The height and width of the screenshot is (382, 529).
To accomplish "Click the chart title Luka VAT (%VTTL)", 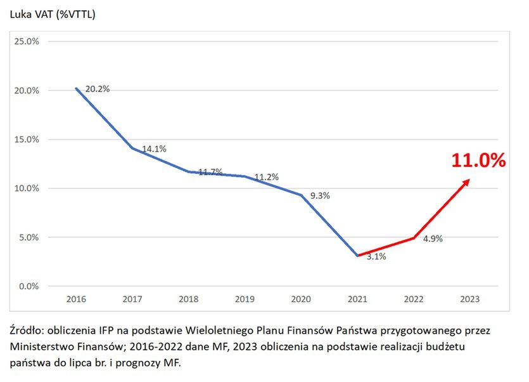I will pyautogui.click(x=52, y=15).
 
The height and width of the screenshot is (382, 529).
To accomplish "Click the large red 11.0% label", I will pyautogui.click(x=478, y=160).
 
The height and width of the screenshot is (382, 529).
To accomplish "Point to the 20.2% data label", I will pyautogui.click(x=98, y=89).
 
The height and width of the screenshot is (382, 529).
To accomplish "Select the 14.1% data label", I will pyautogui.click(x=154, y=149).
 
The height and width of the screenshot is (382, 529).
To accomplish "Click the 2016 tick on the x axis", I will pyautogui.click(x=76, y=299).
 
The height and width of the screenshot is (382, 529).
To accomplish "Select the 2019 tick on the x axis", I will pyautogui.click(x=245, y=299).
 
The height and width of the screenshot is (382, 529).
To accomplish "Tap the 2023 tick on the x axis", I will pyautogui.click(x=471, y=299).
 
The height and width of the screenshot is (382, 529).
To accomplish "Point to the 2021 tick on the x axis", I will pyautogui.click(x=358, y=299).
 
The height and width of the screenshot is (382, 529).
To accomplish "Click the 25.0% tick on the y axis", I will pyautogui.click(x=27, y=41).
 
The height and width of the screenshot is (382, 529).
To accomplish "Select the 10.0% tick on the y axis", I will pyautogui.click(x=27, y=188).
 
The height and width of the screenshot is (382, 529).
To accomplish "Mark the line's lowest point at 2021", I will pyautogui.click(x=358, y=256).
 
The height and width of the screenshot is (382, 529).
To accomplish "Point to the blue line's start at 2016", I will pyautogui.click(x=77, y=88).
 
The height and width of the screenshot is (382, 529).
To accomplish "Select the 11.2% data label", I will pyautogui.click(x=267, y=177).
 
